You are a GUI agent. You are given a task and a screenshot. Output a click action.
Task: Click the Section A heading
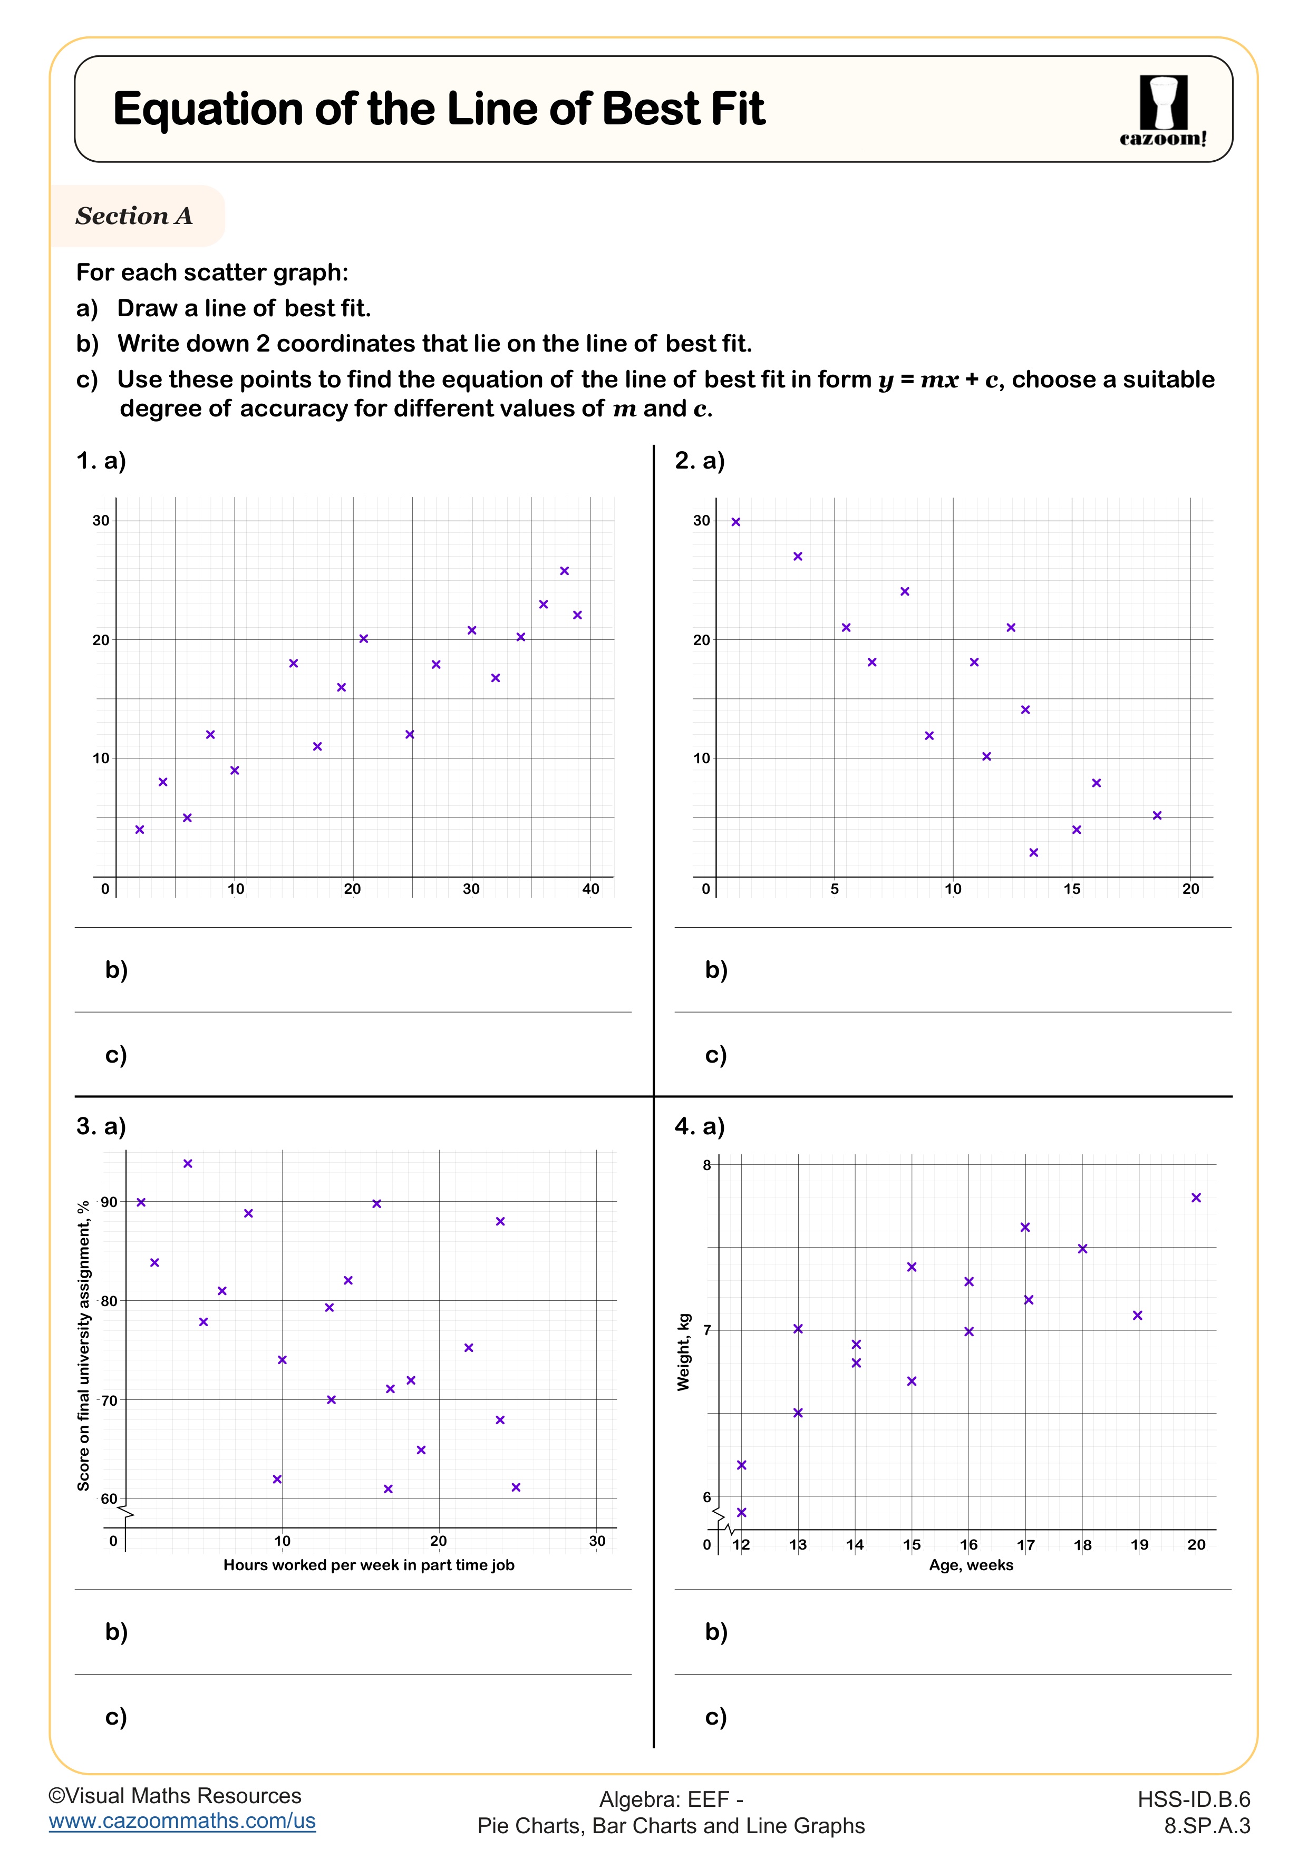coord(134,216)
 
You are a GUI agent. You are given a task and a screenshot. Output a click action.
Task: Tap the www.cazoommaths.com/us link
coord(182,1821)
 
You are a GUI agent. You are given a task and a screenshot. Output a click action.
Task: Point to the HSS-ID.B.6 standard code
coord(1194,1799)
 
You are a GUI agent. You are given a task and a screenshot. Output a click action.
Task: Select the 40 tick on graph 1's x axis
coord(590,889)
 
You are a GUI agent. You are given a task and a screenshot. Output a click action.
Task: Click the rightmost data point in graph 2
coord(1157,816)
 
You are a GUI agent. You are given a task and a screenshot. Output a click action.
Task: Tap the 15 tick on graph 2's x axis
coord(1071,889)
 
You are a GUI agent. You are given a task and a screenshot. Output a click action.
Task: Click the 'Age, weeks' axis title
coord(971,1565)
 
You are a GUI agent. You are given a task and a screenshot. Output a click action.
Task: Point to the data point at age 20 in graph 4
coord(1196,1198)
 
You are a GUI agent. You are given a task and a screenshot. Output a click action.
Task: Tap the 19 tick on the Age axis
coord(1139,1544)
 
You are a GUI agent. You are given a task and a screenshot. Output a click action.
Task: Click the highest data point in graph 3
coord(188,1164)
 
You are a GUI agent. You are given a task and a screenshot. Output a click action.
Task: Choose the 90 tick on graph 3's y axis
coord(109,1202)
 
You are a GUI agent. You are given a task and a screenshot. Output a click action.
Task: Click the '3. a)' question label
coord(101,1126)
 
